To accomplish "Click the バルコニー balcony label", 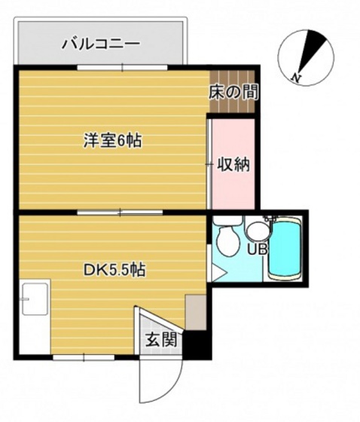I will coord(100,43).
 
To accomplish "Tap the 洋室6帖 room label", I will coord(113,140).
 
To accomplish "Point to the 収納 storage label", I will coord(233,163).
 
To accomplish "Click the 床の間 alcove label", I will coord(233,93).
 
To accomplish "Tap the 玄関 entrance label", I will coord(161,339).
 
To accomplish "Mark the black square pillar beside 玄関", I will coord(196,344).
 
